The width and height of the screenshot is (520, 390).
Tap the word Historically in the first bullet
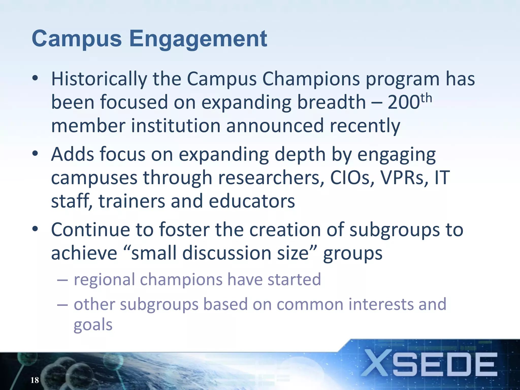[x=99, y=79]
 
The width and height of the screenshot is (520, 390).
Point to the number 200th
[x=409, y=102]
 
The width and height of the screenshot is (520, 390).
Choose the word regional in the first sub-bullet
[x=104, y=280]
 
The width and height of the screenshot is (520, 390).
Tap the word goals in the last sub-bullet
[x=93, y=325]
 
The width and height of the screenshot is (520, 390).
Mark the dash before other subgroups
[x=62, y=304]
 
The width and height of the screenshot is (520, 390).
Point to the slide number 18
[x=35, y=380]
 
